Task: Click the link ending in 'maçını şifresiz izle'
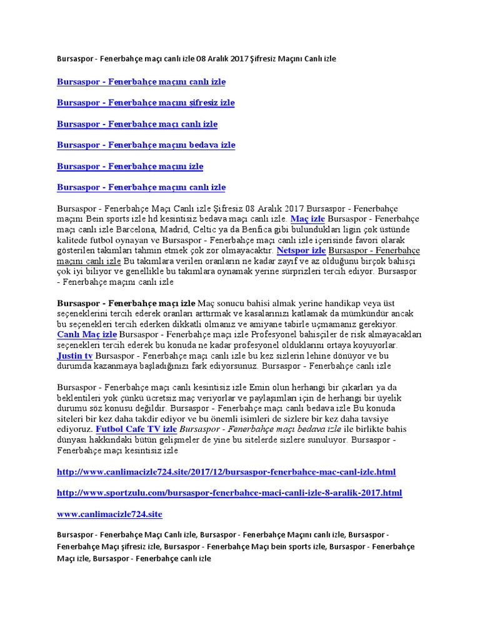[x=146, y=103]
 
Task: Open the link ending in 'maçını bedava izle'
[x=146, y=145]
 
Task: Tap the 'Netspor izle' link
[x=301, y=250]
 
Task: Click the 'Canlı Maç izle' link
[x=87, y=335]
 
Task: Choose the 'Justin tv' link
[x=74, y=356]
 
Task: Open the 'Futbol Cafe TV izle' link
[x=136, y=429]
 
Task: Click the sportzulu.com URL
[x=229, y=493]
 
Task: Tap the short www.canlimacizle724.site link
[x=109, y=514]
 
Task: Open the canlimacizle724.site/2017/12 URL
[x=226, y=472]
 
